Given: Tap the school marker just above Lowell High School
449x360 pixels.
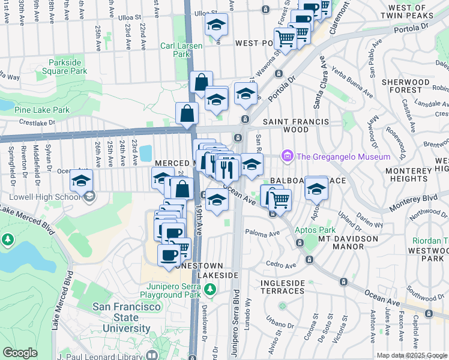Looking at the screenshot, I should click(81, 179).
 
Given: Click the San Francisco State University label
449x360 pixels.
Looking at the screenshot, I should click(127, 317).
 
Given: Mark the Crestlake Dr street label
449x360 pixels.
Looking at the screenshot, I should click(40, 121).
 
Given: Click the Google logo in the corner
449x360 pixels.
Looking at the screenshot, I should click(20, 353).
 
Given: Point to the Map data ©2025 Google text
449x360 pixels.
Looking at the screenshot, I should click(411, 355).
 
